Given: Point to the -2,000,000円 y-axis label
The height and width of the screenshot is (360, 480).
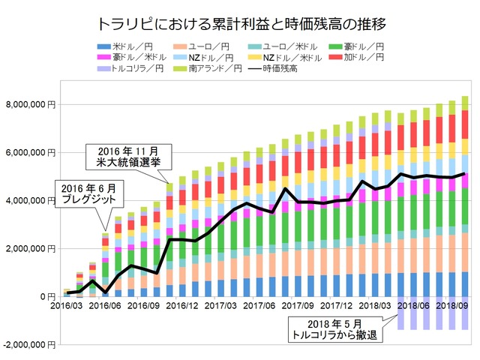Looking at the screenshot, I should point(31,344).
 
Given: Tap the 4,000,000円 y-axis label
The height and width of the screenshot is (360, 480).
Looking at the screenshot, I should point(32,200).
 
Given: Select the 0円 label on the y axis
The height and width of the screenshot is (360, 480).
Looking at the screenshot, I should point(50,296).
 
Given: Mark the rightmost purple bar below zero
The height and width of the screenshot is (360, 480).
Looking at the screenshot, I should point(465,313).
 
